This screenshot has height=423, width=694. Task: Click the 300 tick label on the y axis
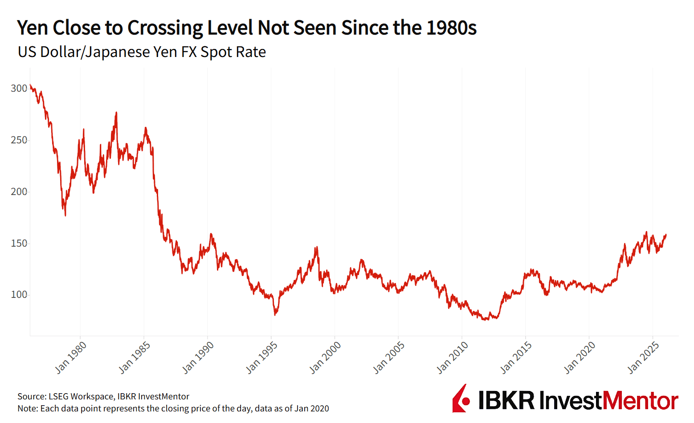19,88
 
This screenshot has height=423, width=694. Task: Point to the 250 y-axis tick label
19,140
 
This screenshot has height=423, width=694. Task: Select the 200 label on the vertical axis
19,191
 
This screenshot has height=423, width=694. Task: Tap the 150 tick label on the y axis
19,243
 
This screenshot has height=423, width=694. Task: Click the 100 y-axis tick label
19,294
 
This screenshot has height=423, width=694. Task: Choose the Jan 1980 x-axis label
71,358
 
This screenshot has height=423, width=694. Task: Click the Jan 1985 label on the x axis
135,358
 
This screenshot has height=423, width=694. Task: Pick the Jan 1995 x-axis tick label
261,358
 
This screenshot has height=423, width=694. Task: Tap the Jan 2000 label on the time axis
325,358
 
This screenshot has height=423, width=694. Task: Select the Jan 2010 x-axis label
452,358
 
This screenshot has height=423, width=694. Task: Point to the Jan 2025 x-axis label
643,358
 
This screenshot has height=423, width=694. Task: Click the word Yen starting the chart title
33,28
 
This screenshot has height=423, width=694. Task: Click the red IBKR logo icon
461,399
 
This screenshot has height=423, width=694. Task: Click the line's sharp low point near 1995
275,315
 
